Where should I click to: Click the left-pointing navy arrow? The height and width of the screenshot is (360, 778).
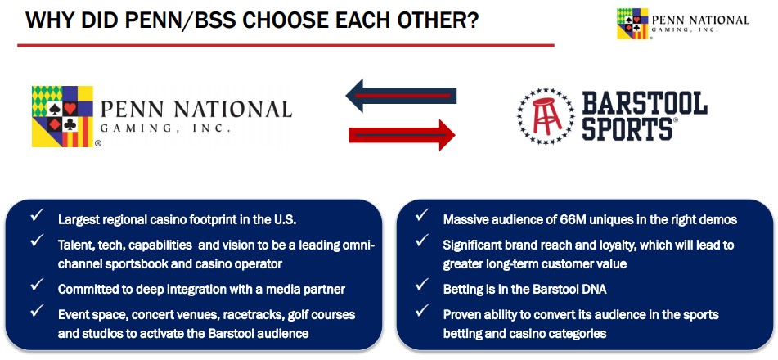coord(401,96)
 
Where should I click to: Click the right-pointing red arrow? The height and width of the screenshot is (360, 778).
coord(402,134)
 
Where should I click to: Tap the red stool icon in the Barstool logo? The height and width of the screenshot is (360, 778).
coord(546,116)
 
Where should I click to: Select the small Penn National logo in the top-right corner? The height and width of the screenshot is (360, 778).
coord(683,24)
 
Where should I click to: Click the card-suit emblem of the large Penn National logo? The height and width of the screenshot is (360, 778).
coord(62,116)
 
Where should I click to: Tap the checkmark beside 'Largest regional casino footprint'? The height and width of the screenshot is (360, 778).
coord(37,215)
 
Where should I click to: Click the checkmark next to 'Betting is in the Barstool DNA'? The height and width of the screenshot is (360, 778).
coord(422,285)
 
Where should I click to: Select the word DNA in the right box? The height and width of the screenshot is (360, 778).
coord(596,289)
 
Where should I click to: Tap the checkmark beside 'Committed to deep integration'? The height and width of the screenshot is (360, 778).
coord(37,285)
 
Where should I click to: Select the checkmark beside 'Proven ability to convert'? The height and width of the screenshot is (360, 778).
coord(422,310)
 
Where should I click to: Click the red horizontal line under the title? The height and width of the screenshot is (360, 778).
coord(286,45)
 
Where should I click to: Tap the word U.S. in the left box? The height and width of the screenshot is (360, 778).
coord(285,219)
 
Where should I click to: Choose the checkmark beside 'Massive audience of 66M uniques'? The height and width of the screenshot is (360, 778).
coord(422,215)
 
